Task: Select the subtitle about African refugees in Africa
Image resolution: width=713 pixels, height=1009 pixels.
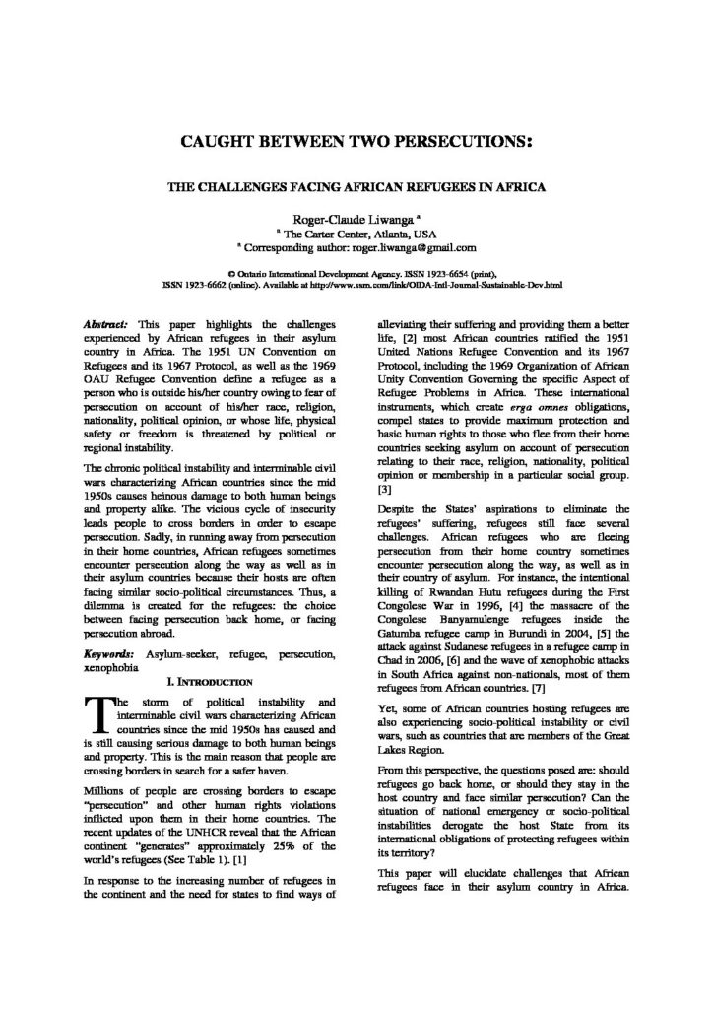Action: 356,187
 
